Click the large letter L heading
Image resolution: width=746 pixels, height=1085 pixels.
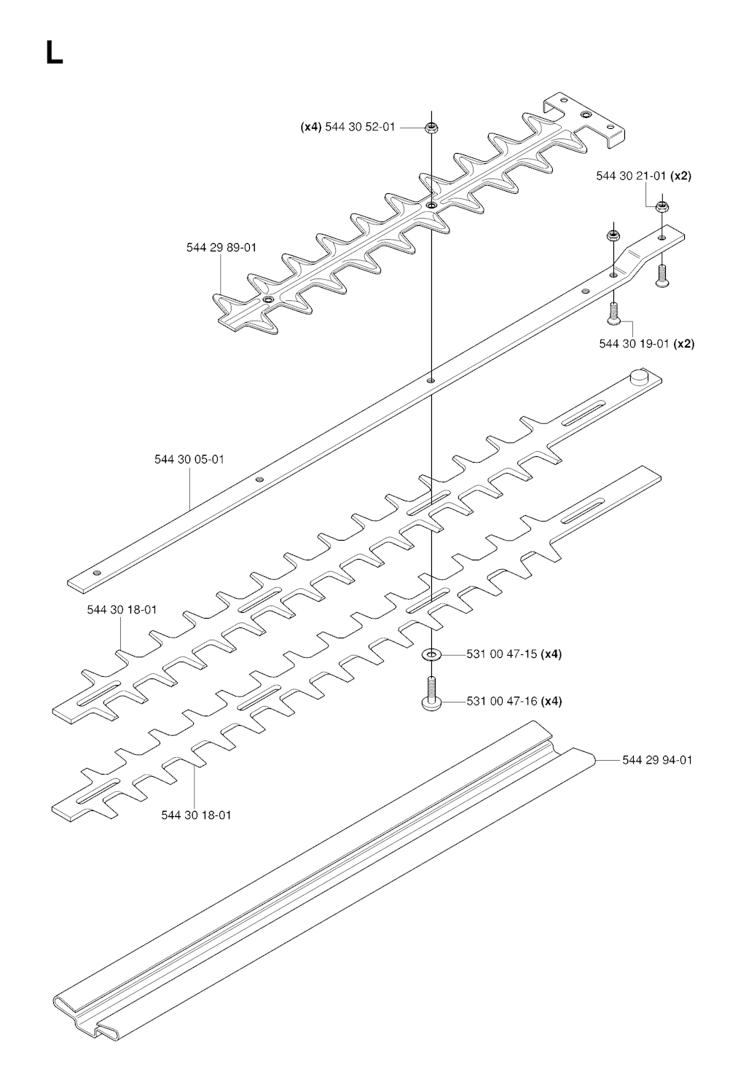pyautogui.click(x=54, y=52)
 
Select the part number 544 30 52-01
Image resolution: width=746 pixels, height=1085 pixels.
pyautogui.click(x=360, y=128)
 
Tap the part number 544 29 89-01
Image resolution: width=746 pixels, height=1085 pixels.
pyautogui.click(x=221, y=248)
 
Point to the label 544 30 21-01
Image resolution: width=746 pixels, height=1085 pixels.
pyautogui.click(x=631, y=176)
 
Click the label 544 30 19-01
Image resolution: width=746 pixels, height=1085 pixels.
pyautogui.click(x=634, y=344)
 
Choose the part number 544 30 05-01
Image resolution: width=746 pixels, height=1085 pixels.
pyautogui.click(x=189, y=459)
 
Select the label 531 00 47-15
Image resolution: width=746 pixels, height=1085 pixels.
pyautogui.click(x=501, y=654)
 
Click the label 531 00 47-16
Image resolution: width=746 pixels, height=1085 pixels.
pyautogui.click(x=502, y=702)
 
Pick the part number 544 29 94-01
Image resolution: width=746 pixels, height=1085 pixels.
pyautogui.click(x=657, y=760)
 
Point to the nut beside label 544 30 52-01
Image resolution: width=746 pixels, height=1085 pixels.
pyautogui.click(x=431, y=128)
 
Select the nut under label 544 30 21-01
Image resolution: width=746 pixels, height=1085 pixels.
pyautogui.click(x=661, y=208)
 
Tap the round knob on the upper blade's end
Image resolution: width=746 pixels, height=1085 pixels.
pyautogui.click(x=639, y=376)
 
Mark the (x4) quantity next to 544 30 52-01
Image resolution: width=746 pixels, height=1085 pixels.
pyautogui.click(x=311, y=128)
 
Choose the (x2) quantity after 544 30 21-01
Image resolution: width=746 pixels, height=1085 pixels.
pyautogui.click(x=680, y=176)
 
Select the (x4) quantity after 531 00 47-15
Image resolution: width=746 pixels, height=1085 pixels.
pyautogui.click(x=551, y=654)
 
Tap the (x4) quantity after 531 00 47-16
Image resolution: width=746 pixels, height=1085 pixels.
pyautogui.click(x=551, y=702)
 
